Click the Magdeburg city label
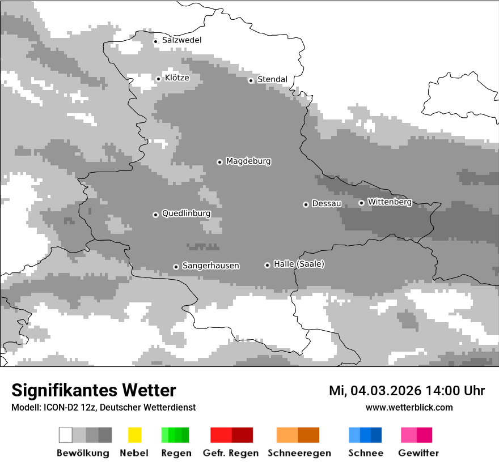click(248, 161)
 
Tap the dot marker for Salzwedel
click(155, 41)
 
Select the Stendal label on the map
click(272, 79)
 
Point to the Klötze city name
click(177, 78)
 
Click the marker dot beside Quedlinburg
click(155, 215)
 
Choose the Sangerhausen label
click(210, 266)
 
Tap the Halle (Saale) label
click(299, 264)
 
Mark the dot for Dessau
click(306, 204)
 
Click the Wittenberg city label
click(390, 202)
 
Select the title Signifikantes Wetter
click(94, 390)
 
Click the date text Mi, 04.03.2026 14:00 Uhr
click(407, 391)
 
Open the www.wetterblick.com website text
click(409, 407)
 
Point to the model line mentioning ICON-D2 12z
click(103, 407)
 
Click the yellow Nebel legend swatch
click(134, 435)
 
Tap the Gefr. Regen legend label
click(231, 453)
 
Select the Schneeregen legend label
click(299, 453)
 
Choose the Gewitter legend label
click(418, 453)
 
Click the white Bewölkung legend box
click(66, 435)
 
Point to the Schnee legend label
click(365, 453)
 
